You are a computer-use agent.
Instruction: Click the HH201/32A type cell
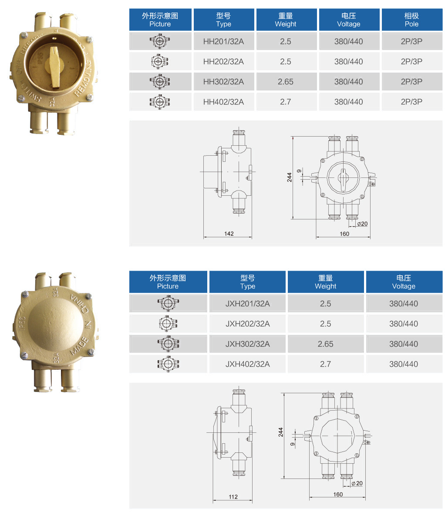pyautogui.click(x=223, y=41)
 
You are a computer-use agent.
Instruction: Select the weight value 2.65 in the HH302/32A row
pyautogui.click(x=286, y=82)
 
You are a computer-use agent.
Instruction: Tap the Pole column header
pyautogui.click(x=411, y=20)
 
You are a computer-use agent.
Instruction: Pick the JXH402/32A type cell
pyautogui.click(x=247, y=364)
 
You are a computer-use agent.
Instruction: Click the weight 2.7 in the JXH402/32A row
pyautogui.click(x=325, y=364)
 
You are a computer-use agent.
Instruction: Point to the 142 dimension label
pyautogui.click(x=229, y=234)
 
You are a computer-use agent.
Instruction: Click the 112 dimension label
pyautogui.click(x=233, y=497)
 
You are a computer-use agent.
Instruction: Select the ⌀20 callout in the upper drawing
pyautogui.click(x=362, y=224)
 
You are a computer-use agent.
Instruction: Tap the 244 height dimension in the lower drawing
pyautogui.click(x=280, y=432)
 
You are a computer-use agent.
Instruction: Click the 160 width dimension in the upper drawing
pyautogui.click(x=344, y=234)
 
